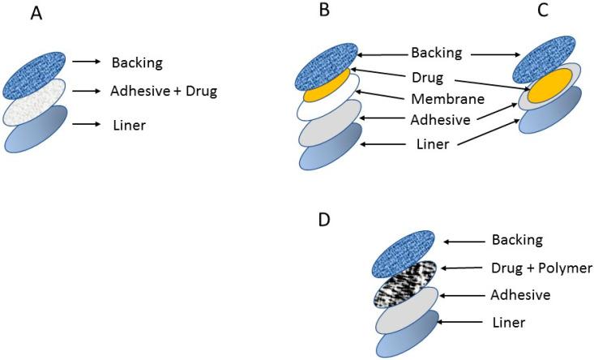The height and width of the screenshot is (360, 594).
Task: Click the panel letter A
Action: tap(36, 14)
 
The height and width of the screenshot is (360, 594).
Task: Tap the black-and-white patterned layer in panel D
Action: tap(405, 284)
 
